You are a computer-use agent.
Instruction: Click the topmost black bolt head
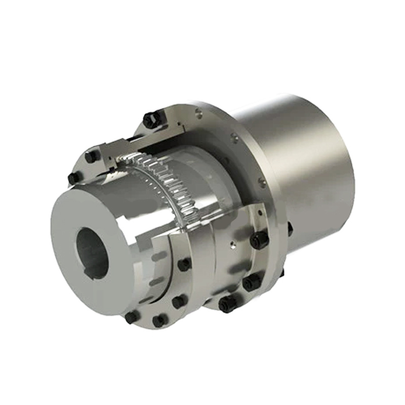click(x=151, y=119)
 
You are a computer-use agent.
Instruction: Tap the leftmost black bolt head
click(x=73, y=178)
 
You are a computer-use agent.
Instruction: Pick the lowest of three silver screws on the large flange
click(x=261, y=180)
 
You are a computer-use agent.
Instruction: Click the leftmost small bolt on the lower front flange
click(x=132, y=317)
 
